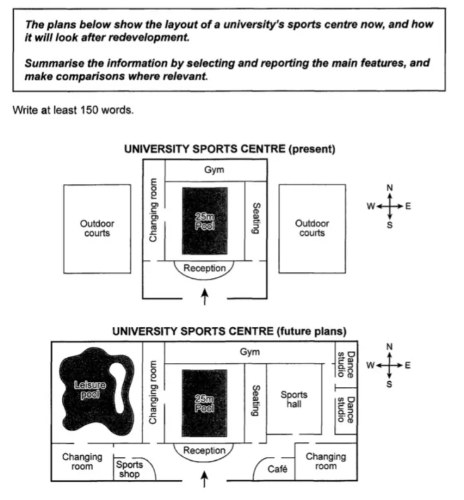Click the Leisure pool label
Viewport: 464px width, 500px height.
90,389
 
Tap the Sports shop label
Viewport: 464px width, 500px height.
129,469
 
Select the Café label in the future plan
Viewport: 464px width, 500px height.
277,469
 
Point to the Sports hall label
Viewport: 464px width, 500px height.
294,399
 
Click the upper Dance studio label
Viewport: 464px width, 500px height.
345,365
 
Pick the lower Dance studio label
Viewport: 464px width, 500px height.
345,410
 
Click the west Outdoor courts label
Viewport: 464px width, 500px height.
97,228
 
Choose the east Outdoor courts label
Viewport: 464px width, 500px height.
312,228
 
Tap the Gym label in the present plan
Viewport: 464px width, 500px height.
214,170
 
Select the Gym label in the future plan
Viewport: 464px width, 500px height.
249,352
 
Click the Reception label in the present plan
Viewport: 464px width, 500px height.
205,268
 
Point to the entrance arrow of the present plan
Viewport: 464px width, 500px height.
205,297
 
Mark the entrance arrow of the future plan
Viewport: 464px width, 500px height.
204,479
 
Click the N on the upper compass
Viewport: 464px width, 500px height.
390,188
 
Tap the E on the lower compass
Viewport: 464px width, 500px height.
407,365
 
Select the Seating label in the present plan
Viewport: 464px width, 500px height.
256,218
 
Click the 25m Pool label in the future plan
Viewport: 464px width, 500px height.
205,403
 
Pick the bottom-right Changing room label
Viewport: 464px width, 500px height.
326,461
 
